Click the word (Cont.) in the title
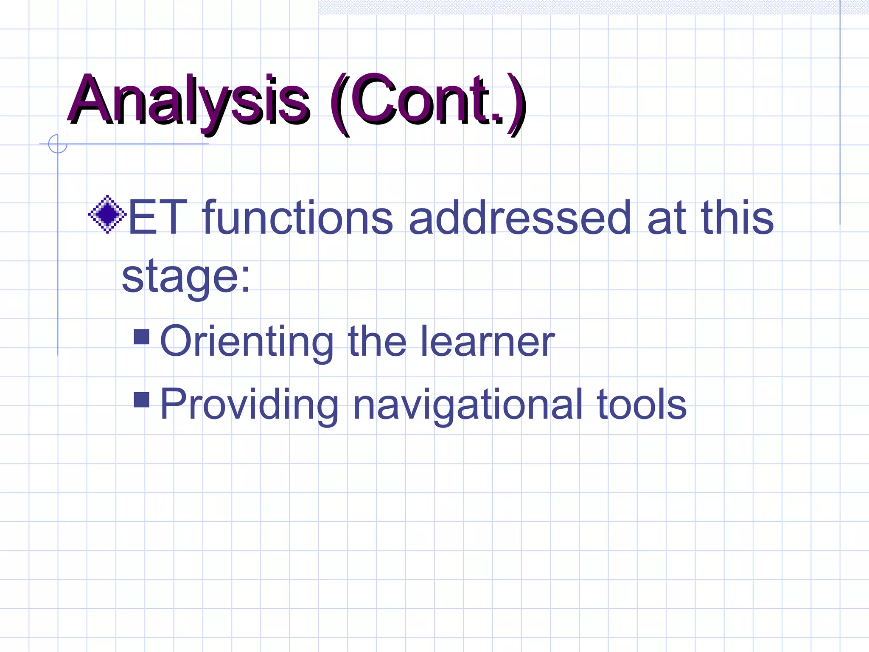[x=429, y=102]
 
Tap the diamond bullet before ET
[x=107, y=214]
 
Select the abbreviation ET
[x=157, y=218]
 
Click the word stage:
[x=186, y=277]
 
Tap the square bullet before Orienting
[x=141, y=337]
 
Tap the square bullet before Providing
[x=141, y=399]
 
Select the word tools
[x=641, y=405]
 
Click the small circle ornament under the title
[x=58, y=144]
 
